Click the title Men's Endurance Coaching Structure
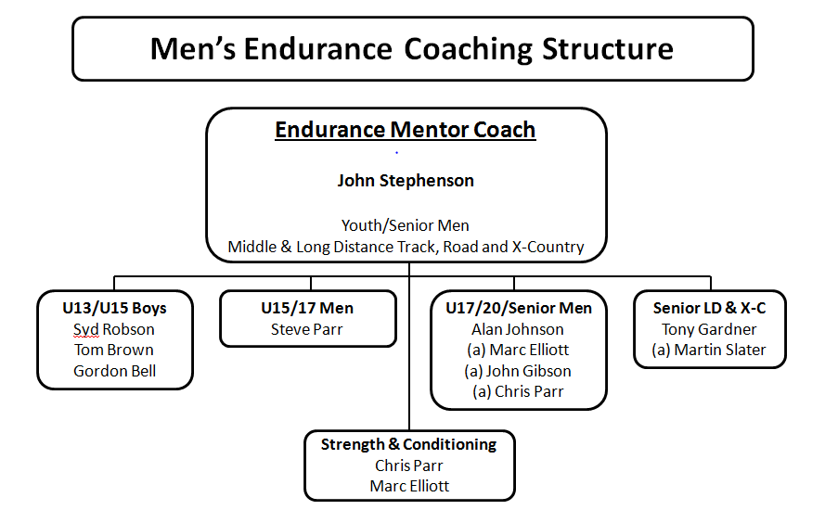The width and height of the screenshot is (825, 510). tap(411, 49)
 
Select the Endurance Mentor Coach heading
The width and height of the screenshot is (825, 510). tap(406, 130)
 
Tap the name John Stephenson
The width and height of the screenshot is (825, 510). tap(406, 180)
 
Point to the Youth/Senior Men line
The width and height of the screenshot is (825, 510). tap(406, 225)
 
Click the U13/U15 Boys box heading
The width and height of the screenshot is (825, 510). tap(114, 308)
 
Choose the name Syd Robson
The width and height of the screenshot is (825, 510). tap(114, 330)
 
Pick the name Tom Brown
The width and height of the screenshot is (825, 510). tap(114, 351)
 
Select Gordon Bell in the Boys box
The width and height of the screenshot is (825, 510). tap(115, 371)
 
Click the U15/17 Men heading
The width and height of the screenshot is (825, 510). tap(307, 308)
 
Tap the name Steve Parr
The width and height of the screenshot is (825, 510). tap(307, 330)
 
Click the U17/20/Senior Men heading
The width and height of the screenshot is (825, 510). tap(519, 308)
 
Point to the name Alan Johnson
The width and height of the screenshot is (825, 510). tap(518, 330)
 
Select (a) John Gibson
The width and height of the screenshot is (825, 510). tap(518, 371)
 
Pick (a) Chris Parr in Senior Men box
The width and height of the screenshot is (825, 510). tap(518, 391)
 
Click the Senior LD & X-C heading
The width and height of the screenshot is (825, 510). tap(709, 308)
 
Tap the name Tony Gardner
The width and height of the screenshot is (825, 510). tap(709, 330)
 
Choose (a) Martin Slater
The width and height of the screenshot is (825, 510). tap(709, 351)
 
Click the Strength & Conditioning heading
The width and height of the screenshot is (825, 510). tap(409, 445)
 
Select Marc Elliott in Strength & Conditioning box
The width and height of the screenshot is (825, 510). tap(409, 486)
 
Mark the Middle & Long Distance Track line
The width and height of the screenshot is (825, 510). tap(406, 247)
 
